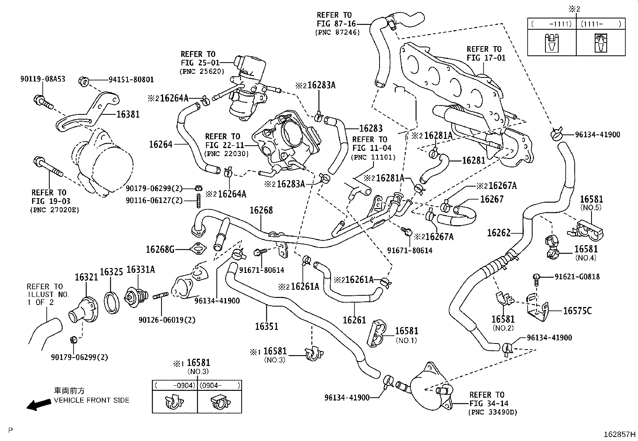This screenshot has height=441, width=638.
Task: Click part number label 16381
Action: coord(128,114)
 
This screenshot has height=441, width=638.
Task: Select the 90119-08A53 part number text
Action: coord(42,79)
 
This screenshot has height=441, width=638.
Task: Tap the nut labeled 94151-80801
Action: coord(84,81)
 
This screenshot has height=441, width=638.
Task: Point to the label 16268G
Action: coord(160,249)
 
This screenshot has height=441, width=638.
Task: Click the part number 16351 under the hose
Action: coord(267,326)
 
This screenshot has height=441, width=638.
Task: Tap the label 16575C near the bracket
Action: coord(577,311)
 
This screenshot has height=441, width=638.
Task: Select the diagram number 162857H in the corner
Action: coord(620,434)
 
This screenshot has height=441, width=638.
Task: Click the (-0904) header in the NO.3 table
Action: coord(175,385)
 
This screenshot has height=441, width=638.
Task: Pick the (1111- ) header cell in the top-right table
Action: coord(600,24)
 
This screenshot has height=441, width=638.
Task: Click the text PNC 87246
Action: coord(337,32)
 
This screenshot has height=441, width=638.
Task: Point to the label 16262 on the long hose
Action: coord(499,233)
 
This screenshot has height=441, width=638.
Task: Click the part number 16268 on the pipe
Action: coord(261,210)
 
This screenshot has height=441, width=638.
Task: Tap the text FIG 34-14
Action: coord(487,403)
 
